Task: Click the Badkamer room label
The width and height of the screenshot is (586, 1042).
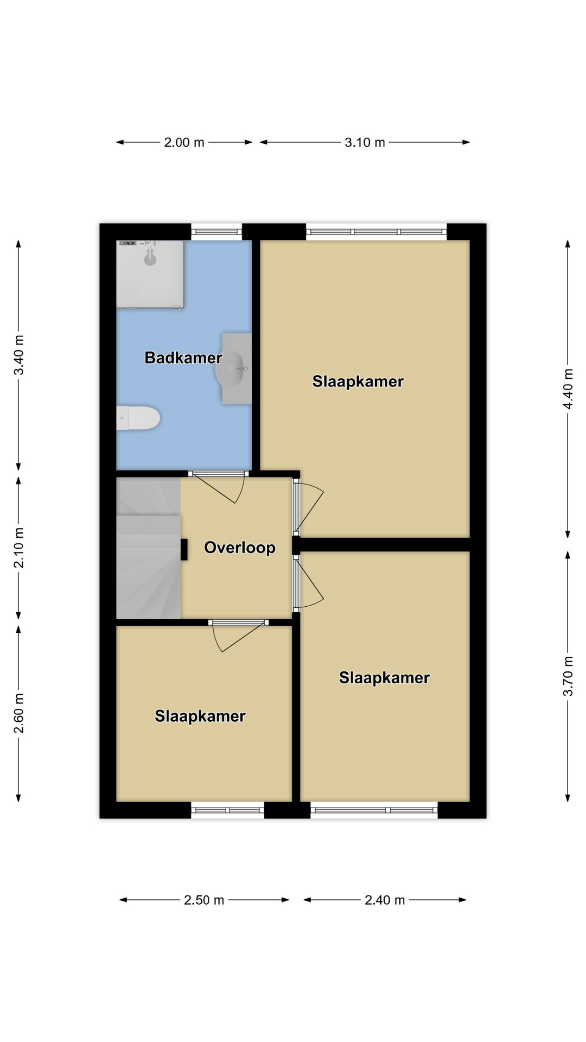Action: coord(183,358)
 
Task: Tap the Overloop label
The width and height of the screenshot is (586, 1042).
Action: coord(240,548)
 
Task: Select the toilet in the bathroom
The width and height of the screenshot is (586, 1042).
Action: coord(138,418)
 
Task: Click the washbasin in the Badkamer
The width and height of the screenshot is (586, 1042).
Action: coord(233,368)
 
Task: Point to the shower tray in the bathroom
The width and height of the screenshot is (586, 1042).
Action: coord(150,275)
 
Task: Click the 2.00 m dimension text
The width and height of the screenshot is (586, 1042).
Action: coord(184,143)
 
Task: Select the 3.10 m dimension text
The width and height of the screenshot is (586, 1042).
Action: coord(365,143)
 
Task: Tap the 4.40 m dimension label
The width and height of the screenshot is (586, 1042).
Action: coord(568,389)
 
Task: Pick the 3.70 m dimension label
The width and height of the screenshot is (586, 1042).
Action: coord(568,676)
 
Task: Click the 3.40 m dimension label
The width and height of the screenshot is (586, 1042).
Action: coord(19,355)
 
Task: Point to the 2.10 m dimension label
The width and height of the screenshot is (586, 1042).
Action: coord(19,548)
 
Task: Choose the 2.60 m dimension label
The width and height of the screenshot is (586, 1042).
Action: coord(19,713)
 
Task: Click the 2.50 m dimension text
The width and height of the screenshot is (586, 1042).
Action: coord(204,900)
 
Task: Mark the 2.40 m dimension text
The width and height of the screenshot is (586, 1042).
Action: coord(385,900)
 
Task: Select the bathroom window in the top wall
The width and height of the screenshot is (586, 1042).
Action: coord(216,232)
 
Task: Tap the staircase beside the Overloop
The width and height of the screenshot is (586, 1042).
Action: coord(149,548)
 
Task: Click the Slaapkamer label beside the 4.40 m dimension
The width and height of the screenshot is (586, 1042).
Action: coord(358,382)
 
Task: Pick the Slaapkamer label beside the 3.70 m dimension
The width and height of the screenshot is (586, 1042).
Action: coord(384,678)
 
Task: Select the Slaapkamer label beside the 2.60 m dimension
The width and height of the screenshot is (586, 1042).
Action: coord(200,716)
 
